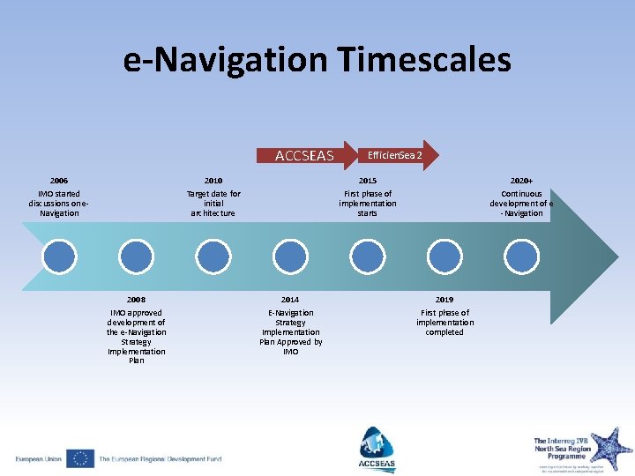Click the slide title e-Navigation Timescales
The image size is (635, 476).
tap(317, 60)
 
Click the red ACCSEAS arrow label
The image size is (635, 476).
tap(304, 156)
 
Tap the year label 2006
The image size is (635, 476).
tap(59, 181)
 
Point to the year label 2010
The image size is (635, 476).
tap(213, 181)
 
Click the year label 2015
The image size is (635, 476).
tap(368, 181)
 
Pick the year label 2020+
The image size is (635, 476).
tap(522, 181)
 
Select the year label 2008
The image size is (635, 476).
tap(136, 300)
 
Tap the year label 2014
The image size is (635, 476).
tap(290, 300)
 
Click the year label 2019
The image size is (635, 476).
tap(444, 300)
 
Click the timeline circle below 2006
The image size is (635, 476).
tap(59, 256)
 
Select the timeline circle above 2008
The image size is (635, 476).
tap(136, 256)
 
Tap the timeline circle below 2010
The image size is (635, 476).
tap(213, 256)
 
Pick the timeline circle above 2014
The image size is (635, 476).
tap(290, 256)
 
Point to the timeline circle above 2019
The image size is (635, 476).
tap(444, 256)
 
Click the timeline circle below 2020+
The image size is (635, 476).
tap(522, 256)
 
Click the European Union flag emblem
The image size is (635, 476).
tap(80, 458)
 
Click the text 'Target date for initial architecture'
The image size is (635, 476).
tap(213, 204)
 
